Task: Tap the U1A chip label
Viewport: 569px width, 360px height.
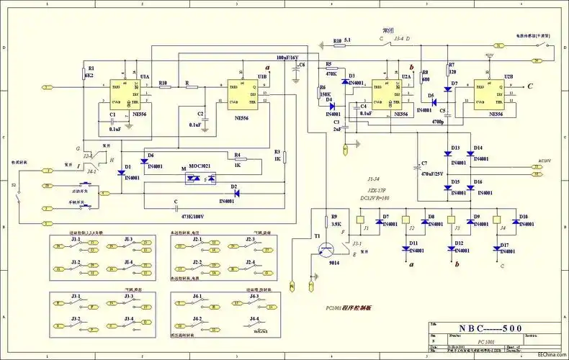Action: (x=145, y=76)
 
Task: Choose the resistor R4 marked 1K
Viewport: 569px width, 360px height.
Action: (x=238, y=159)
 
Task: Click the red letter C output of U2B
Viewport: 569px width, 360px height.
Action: (x=530, y=86)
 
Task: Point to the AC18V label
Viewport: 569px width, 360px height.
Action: (x=549, y=162)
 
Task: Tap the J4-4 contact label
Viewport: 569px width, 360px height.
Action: (x=254, y=318)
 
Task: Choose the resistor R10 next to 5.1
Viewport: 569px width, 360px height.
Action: (x=337, y=41)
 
